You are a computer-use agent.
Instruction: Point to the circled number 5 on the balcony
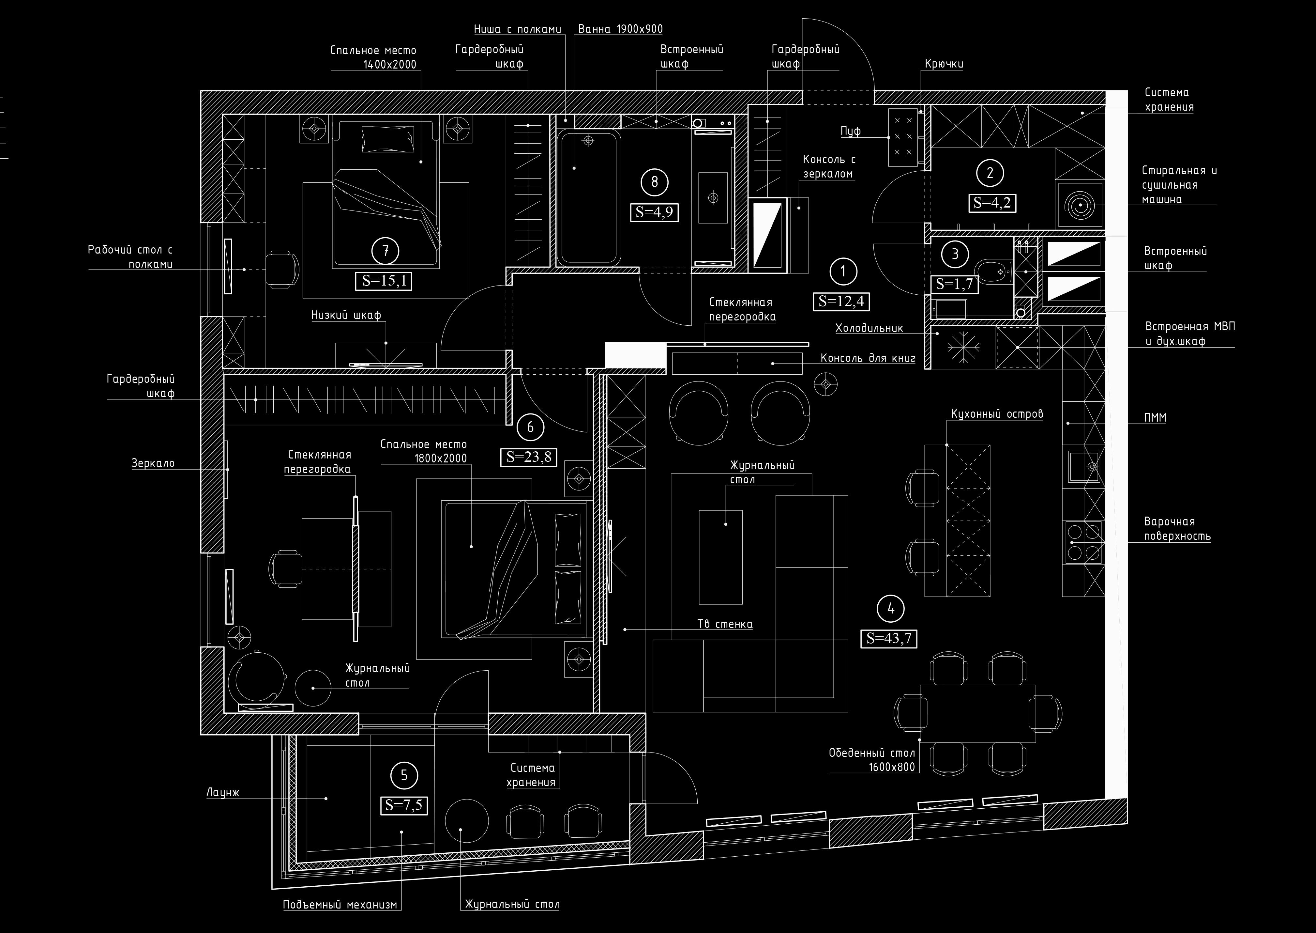[x=404, y=776]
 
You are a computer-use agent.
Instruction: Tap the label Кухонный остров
[x=997, y=414]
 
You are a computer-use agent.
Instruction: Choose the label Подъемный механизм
[x=340, y=904]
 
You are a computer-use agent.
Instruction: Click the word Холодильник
[x=869, y=328]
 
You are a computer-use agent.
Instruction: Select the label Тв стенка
[x=725, y=624]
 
